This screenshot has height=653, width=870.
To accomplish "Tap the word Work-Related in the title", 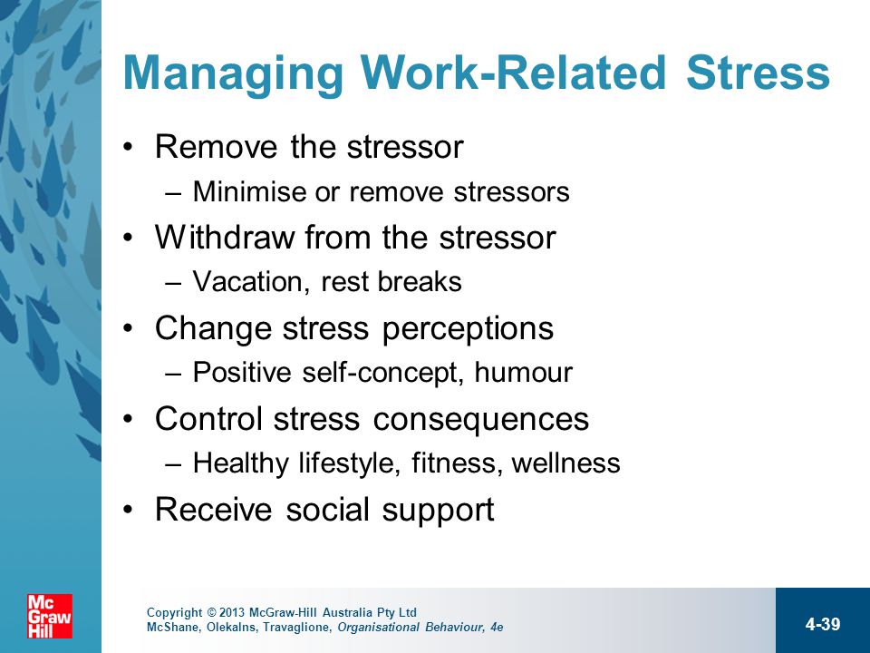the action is click(x=513, y=73).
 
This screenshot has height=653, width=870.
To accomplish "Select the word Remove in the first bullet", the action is click(x=216, y=147).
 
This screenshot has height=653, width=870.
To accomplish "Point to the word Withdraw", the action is click(x=225, y=238).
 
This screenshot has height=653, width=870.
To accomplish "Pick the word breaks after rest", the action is click(x=420, y=281).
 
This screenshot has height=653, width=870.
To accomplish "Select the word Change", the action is click(x=213, y=329).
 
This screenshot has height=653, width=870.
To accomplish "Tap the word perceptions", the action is click(x=468, y=329).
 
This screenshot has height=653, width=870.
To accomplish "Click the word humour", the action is click(x=523, y=372).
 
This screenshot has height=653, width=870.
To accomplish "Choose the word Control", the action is click(x=208, y=419).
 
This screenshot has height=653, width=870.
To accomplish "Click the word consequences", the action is click(x=480, y=420).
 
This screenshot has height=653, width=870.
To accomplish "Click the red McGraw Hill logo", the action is click(x=50, y=616).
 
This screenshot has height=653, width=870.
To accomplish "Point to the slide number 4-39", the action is click(x=823, y=624).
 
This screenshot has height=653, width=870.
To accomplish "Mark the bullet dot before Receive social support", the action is click(x=128, y=509).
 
